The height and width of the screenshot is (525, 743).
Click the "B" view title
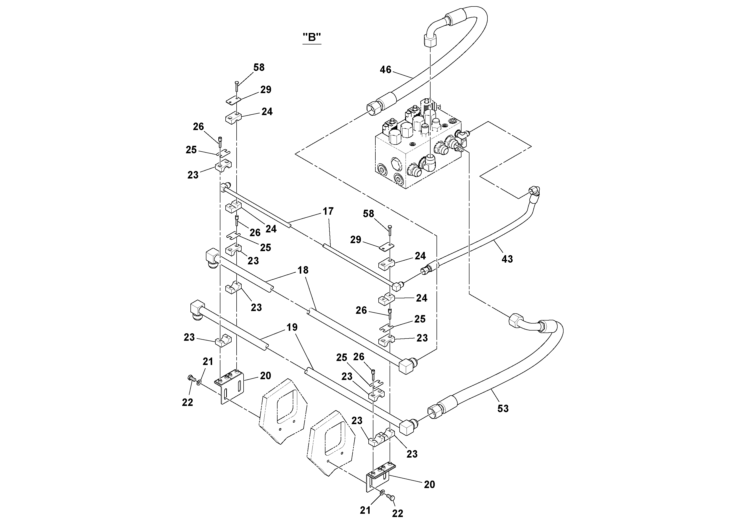click(x=312, y=37)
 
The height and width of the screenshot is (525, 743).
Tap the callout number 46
click(x=385, y=70)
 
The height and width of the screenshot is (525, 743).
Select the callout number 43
click(x=507, y=259)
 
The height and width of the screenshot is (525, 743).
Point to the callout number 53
click(x=503, y=408)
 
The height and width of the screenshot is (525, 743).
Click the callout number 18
click(x=303, y=270)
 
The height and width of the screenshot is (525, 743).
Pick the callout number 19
click(x=292, y=327)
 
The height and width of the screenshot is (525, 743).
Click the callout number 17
click(x=328, y=211)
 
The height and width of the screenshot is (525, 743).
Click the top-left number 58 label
click(x=259, y=67)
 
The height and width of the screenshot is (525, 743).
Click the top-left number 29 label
click(x=266, y=90)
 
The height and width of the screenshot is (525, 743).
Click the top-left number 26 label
click(x=198, y=127)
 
